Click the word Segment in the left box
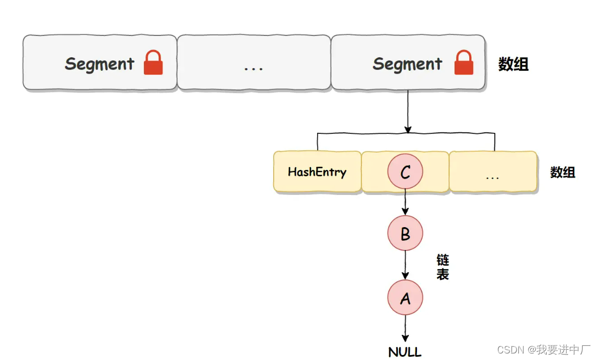click(x=99, y=64)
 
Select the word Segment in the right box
click(x=407, y=64)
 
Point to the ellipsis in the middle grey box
click(x=253, y=68)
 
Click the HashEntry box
click(x=317, y=172)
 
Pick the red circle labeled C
click(x=405, y=172)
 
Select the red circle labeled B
click(x=405, y=234)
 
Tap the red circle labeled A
click(x=405, y=297)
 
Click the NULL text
click(x=405, y=352)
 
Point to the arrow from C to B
click(x=405, y=203)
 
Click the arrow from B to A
click(x=405, y=265)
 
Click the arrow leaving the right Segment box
click(x=408, y=112)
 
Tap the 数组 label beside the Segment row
click(x=513, y=64)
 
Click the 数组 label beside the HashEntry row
click(x=562, y=173)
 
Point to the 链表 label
click(x=443, y=267)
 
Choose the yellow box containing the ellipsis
click(x=493, y=172)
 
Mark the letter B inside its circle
click(x=405, y=234)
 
